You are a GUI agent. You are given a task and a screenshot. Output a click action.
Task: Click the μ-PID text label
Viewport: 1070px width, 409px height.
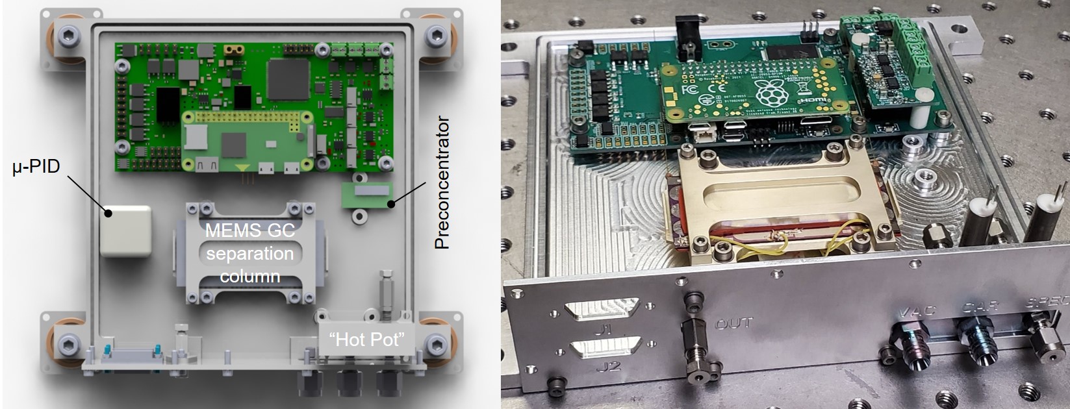(36, 167)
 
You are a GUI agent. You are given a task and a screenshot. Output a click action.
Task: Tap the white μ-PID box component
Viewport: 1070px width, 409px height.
(126, 231)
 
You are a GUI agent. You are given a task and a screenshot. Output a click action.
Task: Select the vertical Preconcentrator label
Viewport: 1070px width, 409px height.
(442, 183)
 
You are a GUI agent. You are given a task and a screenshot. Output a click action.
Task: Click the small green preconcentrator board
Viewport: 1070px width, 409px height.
(368, 195)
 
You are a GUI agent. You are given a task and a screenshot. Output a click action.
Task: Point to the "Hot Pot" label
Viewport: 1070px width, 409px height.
(367, 339)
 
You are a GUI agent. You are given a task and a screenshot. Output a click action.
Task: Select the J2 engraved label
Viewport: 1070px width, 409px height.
(611, 367)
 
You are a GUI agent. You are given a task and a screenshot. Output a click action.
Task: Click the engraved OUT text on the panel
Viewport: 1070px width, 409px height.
(734, 323)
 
